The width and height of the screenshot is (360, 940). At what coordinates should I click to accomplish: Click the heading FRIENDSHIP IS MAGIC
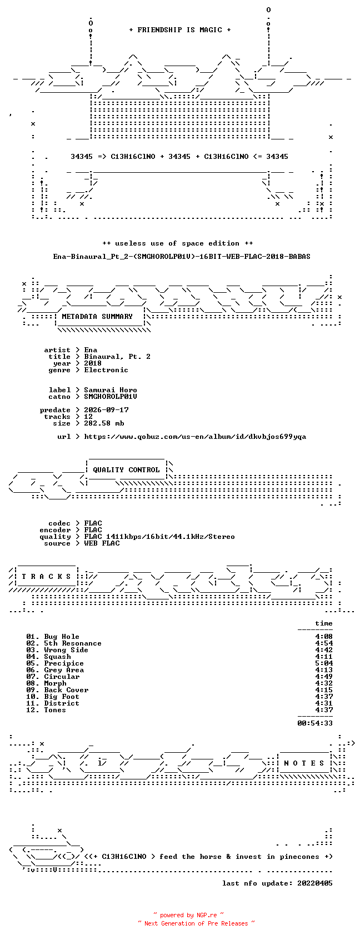pyautogui.click(x=179, y=30)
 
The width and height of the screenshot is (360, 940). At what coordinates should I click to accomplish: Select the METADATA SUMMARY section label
pyautogui.click(x=97, y=317)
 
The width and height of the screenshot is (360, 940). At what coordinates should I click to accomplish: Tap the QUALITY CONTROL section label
pyautogui.click(x=126, y=470)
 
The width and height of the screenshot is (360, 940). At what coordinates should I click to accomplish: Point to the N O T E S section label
pyautogui.click(x=304, y=763)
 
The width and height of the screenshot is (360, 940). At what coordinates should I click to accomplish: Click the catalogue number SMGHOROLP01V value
pyautogui.click(x=111, y=397)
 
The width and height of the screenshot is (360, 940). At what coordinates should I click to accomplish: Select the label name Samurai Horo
pyautogui.click(x=111, y=390)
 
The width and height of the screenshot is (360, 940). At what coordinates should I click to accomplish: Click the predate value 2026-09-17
pyautogui.click(x=106, y=410)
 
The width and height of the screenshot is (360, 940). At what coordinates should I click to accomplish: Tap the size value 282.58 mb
pyautogui.click(x=104, y=423)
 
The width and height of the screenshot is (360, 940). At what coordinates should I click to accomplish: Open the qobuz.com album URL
pyautogui.click(x=195, y=437)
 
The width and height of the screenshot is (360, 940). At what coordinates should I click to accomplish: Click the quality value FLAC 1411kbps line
pyautogui.click(x=159, y=537)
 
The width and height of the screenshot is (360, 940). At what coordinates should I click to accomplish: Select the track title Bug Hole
pyautogui.click(x=62, y=637)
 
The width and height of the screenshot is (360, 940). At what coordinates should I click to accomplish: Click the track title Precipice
pyautogui.click(x=64, y=663)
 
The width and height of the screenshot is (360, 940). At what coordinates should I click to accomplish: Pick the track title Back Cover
pyautogui.click(x=66, y=690)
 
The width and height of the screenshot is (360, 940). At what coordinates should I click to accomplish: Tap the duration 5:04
pyautogui.click(x=324, y=663)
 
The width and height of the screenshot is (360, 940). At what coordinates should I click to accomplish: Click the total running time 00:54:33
pyautogui.click(x=315, y=723)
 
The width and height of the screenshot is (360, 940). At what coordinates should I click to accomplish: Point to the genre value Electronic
pyautogui.click(x=106, y=369)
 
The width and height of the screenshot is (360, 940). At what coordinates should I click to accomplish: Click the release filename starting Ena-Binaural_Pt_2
pyautogui.click(x=182, y=257)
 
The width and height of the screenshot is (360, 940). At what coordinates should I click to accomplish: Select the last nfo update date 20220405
pyautogui.click(x=315, y=883)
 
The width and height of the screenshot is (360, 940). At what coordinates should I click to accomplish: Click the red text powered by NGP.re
pyautogui.click(x=188, y=915)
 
